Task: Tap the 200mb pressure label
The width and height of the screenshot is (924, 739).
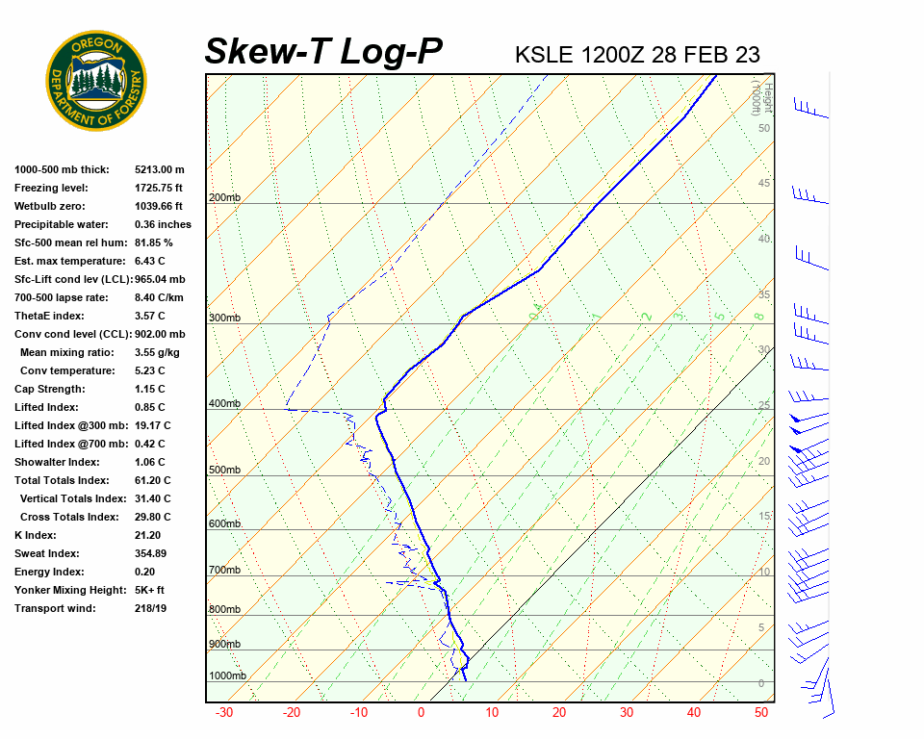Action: coord(224,198)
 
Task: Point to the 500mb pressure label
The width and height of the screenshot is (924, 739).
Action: coord(224,471)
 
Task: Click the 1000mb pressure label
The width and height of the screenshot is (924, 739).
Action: coord(227,675)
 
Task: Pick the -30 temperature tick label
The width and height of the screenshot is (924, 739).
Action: coord(223,713)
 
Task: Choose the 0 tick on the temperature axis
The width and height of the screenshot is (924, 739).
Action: coord(421,713)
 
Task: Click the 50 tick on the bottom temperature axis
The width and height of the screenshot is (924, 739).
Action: coord(760,713)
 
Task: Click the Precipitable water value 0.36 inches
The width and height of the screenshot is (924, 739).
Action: coord(163,224)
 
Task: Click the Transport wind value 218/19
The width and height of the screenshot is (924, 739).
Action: coord(151,608)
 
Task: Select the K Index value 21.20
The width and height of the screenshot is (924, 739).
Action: coord(148,535)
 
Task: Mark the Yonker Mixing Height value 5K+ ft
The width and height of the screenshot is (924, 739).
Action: coord(150,590)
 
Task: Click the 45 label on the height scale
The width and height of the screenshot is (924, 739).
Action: coord(763,184)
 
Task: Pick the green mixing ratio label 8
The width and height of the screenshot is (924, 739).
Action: coord(758,317)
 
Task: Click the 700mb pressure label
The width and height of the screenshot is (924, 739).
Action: coord(224,571)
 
